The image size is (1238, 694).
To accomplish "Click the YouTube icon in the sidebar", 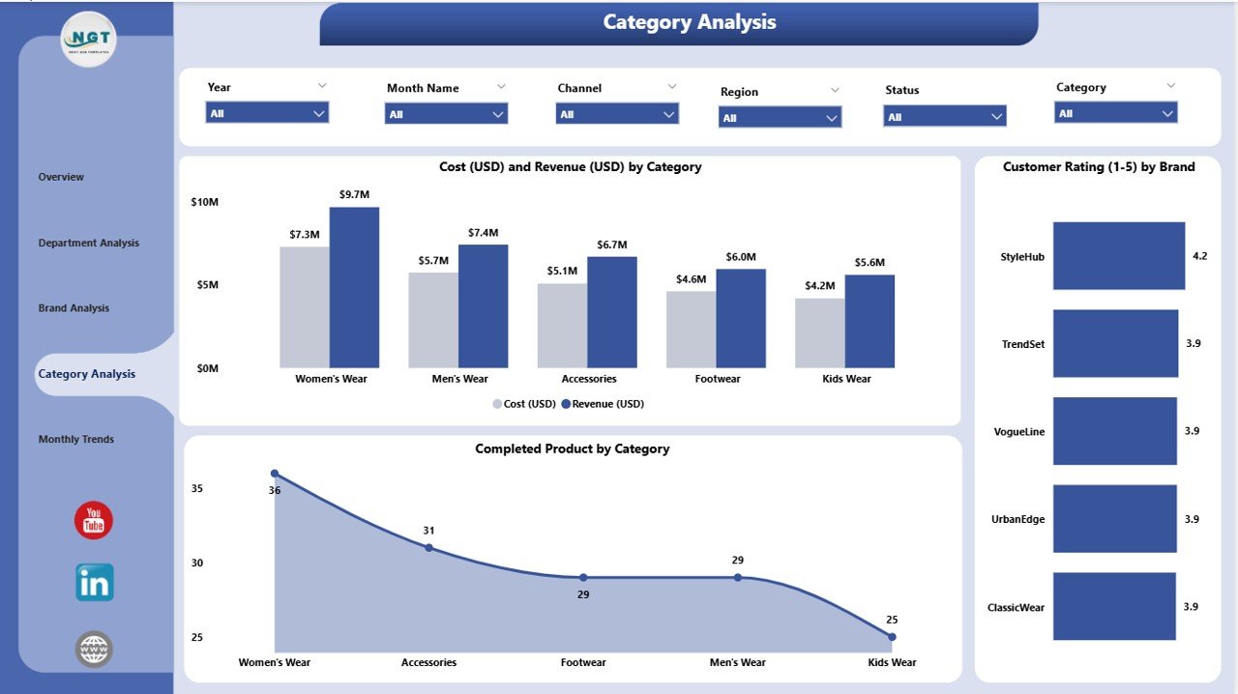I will (x=94, y=521).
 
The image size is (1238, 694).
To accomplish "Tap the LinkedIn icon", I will (x=94, y=583).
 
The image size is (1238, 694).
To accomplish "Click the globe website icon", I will (x=94, y=650).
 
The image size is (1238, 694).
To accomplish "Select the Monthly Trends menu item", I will (x=76, y=440).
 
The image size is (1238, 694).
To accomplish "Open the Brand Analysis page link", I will (x=74, y=308).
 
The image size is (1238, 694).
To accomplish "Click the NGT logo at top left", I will (x=88, y=40).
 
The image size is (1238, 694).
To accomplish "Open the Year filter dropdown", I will (x=268, y=113).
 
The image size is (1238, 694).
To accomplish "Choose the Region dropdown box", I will (x=780, y=118).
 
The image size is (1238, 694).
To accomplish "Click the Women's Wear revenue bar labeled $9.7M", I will (x=354, y=287).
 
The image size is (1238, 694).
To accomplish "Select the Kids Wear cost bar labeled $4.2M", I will (x=819, y=333).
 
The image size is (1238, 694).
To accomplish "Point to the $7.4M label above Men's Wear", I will (x=483, y=233).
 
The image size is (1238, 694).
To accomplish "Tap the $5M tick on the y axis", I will (x=205, y=285).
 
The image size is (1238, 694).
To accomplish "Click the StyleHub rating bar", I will (x=1118, y=256).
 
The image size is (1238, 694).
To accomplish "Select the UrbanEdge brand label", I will (x=1017, y=520).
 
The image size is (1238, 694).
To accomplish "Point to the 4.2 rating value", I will (x=1199, y=257).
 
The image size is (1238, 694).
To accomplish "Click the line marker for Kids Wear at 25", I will (x=892, y=637).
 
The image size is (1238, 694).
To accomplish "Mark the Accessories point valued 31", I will (x=428, y=548).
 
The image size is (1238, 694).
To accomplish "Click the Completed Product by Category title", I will (x=572, y=449).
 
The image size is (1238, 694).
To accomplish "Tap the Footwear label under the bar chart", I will (x=718, y=380).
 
